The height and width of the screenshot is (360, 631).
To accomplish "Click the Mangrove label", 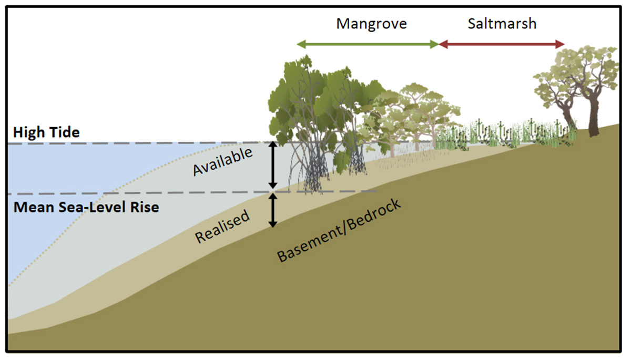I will (372, 24).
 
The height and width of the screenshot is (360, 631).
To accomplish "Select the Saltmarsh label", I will (502, 24).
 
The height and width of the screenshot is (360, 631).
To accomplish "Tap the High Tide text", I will (47, 132).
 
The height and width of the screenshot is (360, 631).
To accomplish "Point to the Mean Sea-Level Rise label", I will (86, 207).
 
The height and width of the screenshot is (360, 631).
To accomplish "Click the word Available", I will (223, 161).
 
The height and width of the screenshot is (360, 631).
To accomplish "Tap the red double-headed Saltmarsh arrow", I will (502, 44).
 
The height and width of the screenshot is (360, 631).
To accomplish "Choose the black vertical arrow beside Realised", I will (272, 210).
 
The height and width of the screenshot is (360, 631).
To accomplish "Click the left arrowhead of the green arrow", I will (300, 44).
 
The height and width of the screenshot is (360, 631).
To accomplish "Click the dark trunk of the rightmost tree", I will (594, 118).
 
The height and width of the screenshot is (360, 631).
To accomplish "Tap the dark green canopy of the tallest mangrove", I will (310, 95).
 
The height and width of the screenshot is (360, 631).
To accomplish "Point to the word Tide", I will (64, 132).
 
